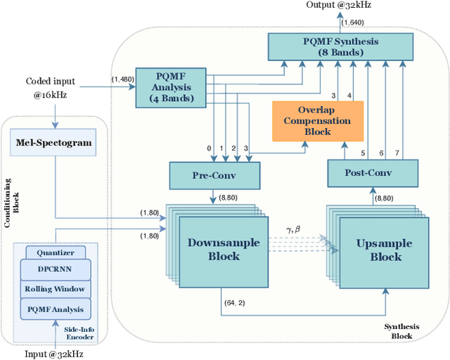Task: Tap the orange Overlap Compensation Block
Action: (318, 120)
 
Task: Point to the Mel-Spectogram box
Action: (53, 143)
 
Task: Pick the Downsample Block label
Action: (224, 249)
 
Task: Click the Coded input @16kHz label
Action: (51, 87)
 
